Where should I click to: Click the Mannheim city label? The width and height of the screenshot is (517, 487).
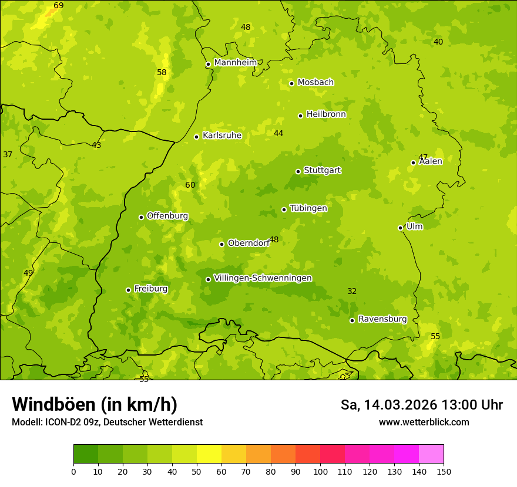(235, 63)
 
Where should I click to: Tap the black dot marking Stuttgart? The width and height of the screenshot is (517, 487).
(298, 171)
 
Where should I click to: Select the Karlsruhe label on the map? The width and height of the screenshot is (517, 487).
(221, 136)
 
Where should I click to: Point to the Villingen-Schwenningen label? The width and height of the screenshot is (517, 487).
(263, 278)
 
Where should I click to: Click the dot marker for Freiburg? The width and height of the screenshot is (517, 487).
(128, 290)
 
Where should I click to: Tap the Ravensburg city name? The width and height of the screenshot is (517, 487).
(382, 319)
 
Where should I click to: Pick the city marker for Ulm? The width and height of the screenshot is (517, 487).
(400, 228)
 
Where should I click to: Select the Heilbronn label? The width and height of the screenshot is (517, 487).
(326, 114)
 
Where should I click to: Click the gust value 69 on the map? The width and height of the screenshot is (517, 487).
(59, 6)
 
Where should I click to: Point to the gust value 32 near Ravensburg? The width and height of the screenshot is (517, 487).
(352, 292)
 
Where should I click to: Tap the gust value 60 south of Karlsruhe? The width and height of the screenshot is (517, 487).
(190, 185)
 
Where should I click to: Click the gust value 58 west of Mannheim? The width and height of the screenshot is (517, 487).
(162, 73)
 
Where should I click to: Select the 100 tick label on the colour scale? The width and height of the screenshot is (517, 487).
(320, 471)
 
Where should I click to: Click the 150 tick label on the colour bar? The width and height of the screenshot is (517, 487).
(444, 471)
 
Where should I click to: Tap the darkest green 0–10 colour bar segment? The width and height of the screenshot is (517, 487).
(86, 454)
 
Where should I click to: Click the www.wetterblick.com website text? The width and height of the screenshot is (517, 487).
(424, 422)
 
